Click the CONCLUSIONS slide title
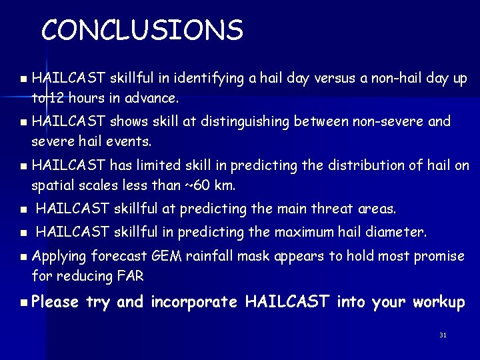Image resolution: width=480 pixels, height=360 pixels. click(x=142, y=30)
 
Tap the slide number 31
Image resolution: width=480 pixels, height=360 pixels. click(x=443, y=335)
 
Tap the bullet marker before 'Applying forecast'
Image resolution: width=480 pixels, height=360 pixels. click(x=23, y=256)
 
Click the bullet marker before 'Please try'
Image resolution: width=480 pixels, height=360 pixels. click(x=23, y=303)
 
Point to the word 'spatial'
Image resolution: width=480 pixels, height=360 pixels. click(x=52, y=185)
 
